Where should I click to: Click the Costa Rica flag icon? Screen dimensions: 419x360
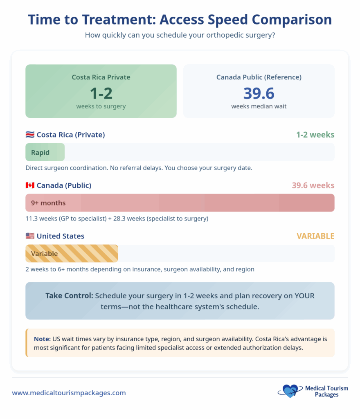30,135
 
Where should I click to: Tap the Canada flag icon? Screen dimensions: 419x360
30,185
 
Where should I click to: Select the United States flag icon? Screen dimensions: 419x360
30,236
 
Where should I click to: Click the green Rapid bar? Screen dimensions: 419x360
45,152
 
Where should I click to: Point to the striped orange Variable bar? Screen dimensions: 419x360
72,254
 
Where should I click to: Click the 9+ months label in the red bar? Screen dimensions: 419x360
48,203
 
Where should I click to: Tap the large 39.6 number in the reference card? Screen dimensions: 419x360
259,93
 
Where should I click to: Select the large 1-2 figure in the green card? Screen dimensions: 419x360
101,93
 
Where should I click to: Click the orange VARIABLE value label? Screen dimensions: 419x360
315,236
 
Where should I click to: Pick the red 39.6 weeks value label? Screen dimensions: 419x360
313,185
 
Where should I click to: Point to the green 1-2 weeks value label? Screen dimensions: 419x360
315,135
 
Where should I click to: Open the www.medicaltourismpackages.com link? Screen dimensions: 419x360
69,393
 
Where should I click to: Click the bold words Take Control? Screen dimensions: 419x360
69,295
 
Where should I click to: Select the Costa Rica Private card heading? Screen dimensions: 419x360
101,77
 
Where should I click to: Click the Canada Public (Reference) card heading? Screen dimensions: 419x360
259,77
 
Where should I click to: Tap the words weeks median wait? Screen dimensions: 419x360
259,106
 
